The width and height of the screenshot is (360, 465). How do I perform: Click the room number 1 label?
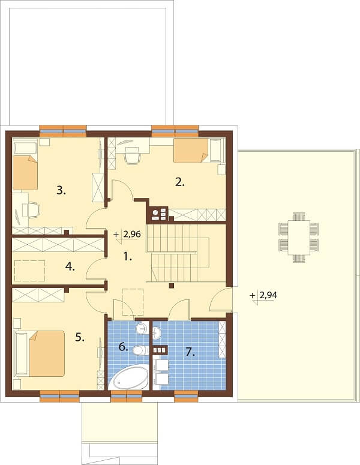coord(128,257)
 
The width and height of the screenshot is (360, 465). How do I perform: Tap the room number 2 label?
coord(180,182)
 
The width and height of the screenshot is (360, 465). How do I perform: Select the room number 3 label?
coord(61,190)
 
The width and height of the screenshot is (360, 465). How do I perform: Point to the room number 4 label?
coord(70,267)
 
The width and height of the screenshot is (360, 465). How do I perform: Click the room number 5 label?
coord(80,337)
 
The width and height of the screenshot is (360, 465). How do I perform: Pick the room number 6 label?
coord(124,346)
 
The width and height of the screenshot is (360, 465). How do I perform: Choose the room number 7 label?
coord(190,352)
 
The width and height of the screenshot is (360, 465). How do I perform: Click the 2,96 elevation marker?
coord(128,235)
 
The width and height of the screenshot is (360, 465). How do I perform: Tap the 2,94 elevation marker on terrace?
coord(263,296)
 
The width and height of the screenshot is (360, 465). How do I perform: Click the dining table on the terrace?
coord(298,238)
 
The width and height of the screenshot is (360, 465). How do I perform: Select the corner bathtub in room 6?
coord(129,377)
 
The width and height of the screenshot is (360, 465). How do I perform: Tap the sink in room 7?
coord(156,332)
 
